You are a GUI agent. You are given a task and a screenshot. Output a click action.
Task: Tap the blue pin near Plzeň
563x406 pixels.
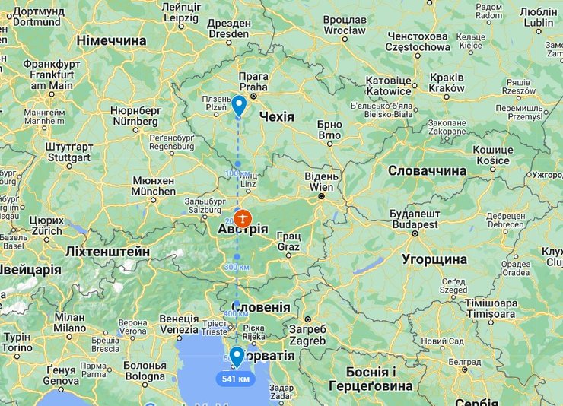[x=239, y=105]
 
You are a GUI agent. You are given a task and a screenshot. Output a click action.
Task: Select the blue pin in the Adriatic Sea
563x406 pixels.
[x=237, y=356]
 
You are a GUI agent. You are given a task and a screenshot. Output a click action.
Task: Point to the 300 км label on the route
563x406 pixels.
[x=237, y=268]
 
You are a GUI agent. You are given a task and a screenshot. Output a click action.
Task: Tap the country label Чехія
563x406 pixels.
[x=276, y=116]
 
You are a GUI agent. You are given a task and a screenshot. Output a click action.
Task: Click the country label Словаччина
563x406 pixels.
[x=427, y=170]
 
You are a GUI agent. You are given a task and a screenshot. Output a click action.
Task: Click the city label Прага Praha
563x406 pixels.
[x=253, y=83]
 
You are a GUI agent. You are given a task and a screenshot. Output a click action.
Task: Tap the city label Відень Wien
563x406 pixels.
[x=320, y=182]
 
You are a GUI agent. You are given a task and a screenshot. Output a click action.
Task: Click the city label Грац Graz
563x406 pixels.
[x=288, y=242]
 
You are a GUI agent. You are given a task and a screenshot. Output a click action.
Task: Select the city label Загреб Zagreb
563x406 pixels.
[x=307, y=335]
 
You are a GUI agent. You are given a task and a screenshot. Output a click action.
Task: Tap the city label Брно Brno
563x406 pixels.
[x=329, y=129]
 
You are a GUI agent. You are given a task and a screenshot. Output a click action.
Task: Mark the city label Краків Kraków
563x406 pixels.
[x=447, y=83]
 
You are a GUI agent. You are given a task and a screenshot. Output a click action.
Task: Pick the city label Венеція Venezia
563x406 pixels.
[x=179, y=324]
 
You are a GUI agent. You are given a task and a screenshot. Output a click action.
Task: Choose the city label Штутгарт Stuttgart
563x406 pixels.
[x=69, y=152]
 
